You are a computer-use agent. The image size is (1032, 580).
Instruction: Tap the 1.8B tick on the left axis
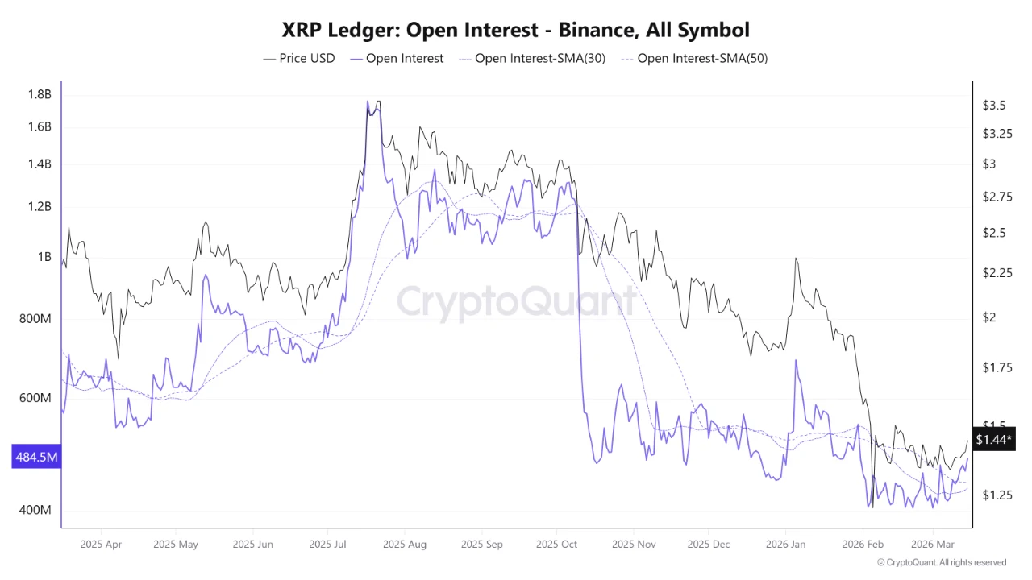40,94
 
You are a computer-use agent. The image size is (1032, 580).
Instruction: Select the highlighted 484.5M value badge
36,458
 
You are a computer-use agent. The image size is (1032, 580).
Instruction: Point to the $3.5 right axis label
993,106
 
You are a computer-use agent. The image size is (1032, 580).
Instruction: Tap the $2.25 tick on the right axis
997,273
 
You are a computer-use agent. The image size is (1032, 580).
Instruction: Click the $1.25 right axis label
997,495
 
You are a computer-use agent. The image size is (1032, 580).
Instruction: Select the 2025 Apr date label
102,544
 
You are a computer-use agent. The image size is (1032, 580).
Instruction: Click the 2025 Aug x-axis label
406,544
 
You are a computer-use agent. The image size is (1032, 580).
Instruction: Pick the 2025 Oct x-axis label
557,544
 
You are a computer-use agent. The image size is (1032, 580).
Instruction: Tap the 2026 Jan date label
785,544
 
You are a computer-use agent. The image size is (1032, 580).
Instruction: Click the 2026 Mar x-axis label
933,544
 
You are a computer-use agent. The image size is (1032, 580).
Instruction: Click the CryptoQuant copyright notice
941,562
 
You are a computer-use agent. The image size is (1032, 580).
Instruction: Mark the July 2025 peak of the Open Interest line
368,102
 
